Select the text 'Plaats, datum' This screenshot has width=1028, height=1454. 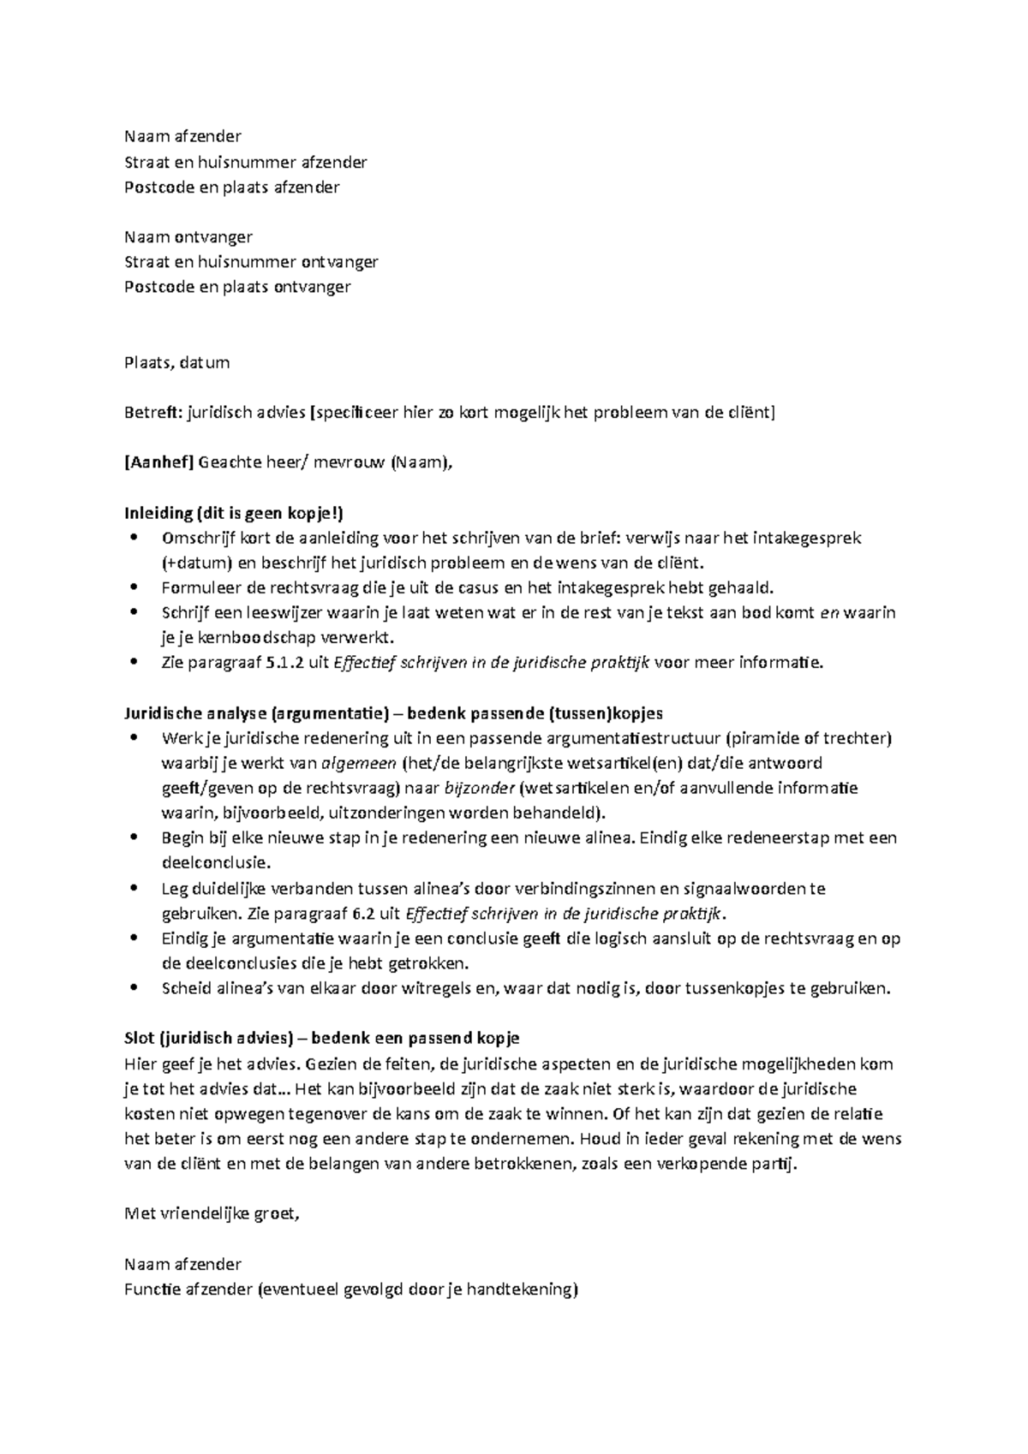click(176, 362)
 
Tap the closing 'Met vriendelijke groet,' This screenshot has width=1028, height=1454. click(212, 1213)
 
